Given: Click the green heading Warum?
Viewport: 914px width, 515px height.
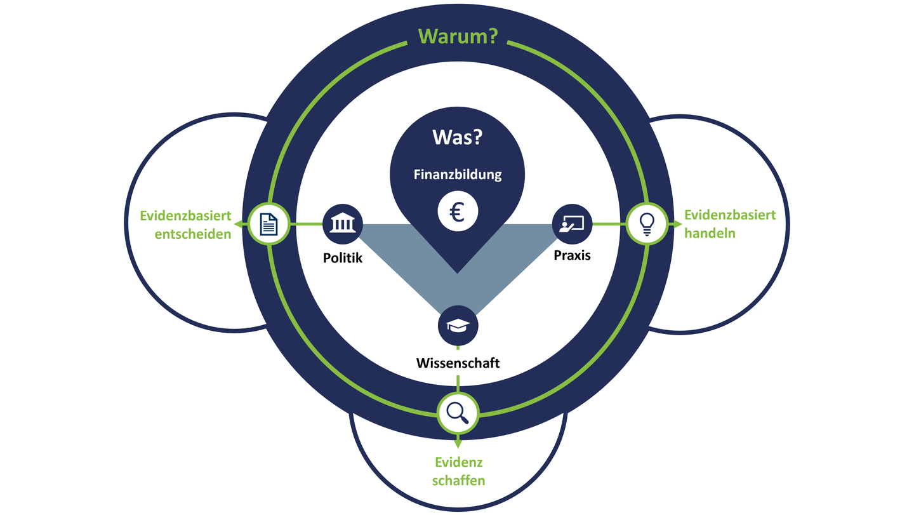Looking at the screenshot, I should [x=457, y=36].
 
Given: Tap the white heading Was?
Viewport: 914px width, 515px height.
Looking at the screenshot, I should [x=457, y=138].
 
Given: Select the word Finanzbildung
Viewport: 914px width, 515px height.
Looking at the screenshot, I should [x=458, y=174].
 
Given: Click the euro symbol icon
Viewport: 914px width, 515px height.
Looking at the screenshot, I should [x=458, y=212].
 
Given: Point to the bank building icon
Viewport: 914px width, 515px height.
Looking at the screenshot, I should [x=343, y=224].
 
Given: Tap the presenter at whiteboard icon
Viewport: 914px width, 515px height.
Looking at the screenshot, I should [x=572, y=224].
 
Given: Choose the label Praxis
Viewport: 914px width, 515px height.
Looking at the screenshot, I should [x=571, y=255].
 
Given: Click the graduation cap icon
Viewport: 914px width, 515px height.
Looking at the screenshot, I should [x=458, y=325].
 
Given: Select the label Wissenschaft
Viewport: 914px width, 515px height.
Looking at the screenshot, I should [x=458, y=363].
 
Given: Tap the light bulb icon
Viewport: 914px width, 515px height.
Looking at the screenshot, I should [x=647, y=224].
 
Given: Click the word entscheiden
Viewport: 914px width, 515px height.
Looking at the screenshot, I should [x=193, y=234].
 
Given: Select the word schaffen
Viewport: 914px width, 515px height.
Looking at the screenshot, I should [x=458, y=480].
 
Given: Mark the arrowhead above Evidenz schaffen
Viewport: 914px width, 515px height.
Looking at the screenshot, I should [x=458, y=443].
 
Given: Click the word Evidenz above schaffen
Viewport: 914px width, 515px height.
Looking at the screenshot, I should [x=458, y=463].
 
